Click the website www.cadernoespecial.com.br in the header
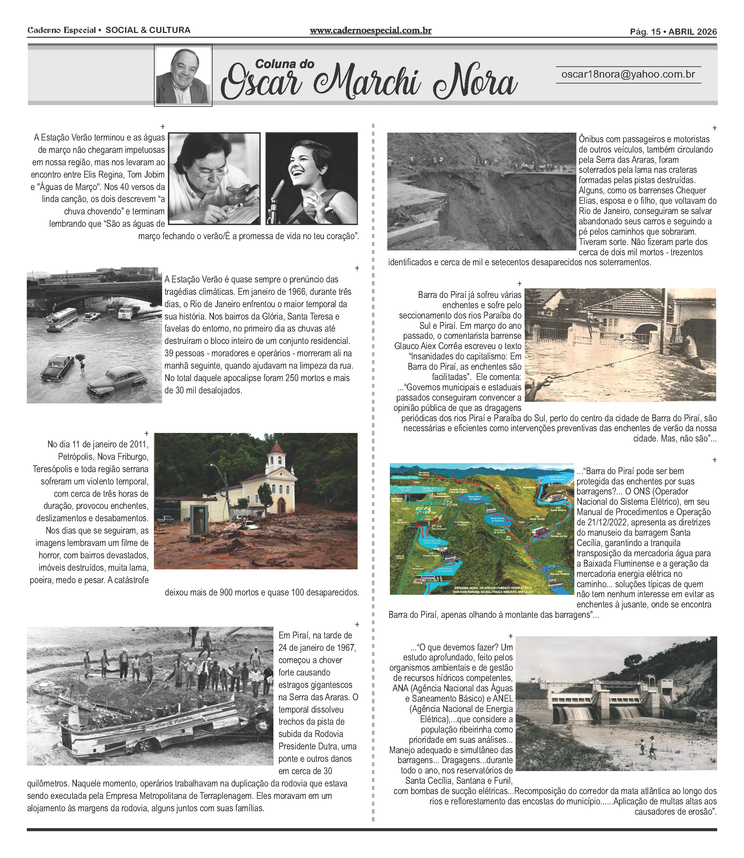click(370, 30)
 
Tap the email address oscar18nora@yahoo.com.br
click(628, 74)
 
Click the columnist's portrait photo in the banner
click(183, 76)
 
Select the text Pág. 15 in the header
click(645, 32)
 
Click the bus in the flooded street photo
click(61, 319)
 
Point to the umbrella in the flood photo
click(80, 357)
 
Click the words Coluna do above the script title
click(284, 64)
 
